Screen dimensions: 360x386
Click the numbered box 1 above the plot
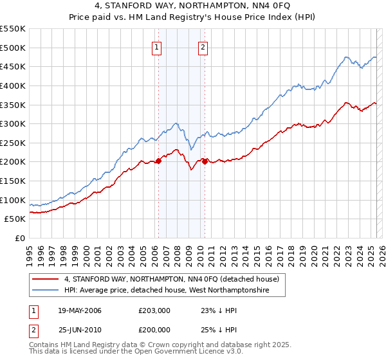pyautogui.click(x=158, y=46)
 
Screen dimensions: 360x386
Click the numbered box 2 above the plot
pyautogui.click(x=203, y=46)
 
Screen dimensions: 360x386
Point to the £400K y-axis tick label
pyautogui.click(x=13, y=85)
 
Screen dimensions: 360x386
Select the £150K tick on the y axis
pyautogui.click(x=13, y=181)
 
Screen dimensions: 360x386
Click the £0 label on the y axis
pyautogui.click(x=21, y=238)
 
